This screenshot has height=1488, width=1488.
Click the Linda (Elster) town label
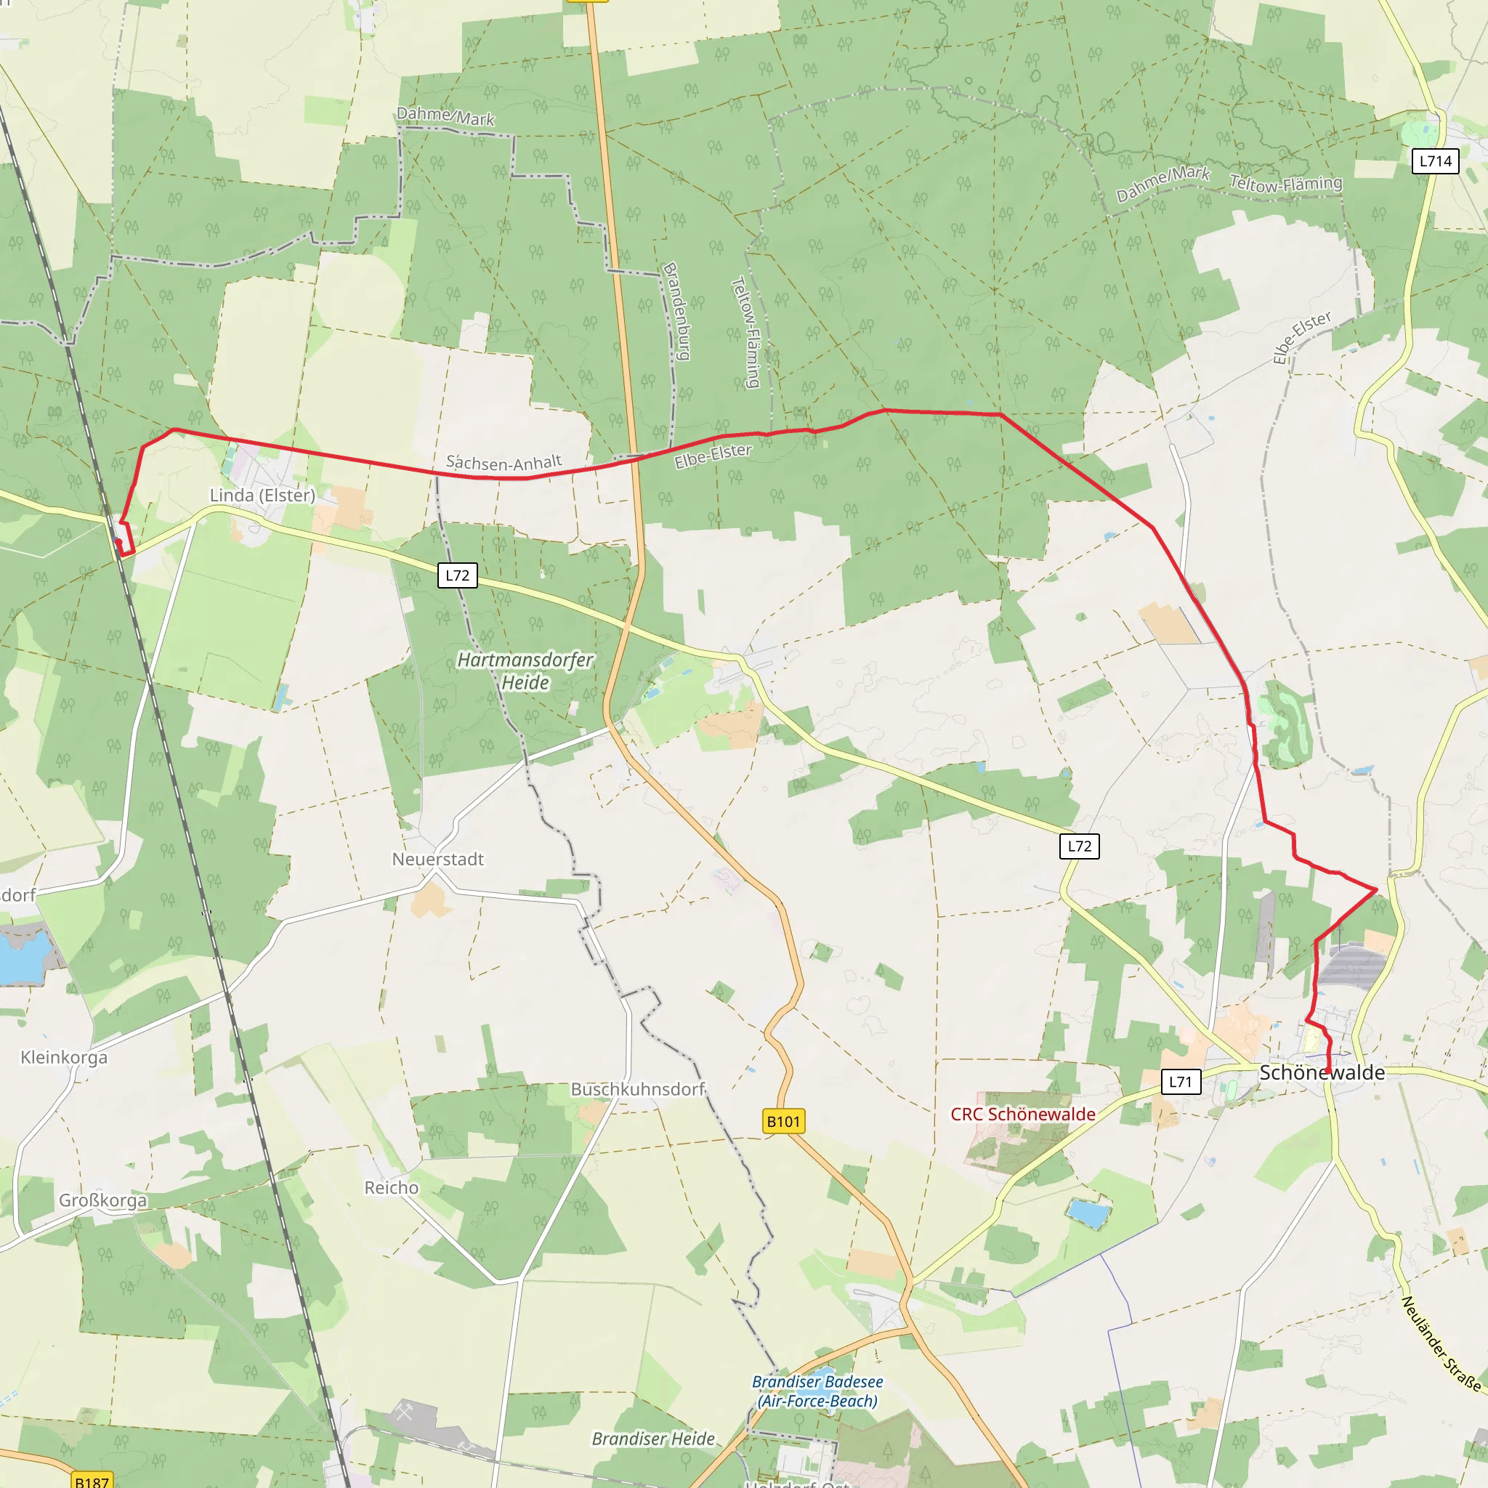(262, 496)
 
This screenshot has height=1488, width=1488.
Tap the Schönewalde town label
(1322, 1072)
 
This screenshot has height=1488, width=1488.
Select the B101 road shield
(783, 1120)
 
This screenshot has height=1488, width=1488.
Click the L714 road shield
(1436, 161)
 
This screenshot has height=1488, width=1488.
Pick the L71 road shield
(1180, 1081)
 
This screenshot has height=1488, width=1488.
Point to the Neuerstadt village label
(437, 859)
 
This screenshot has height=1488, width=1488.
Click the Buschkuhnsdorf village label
(638, 1089)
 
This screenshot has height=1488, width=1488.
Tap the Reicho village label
(392, 1188)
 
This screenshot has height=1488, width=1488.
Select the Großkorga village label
(102, 1201)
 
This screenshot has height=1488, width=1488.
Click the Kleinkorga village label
(64, 1056)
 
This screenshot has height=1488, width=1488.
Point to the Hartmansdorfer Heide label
(525, 671)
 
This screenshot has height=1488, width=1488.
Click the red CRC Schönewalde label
(1023, 1114)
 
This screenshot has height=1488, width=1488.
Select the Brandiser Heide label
(653, 1439)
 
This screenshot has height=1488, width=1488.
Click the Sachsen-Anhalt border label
(504, 462)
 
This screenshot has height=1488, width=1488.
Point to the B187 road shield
(92, 1481)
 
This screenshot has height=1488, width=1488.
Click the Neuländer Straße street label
(1440, 1344)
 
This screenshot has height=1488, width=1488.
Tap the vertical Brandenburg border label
(676, 311)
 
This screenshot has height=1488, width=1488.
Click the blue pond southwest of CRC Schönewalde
(1088, 1214)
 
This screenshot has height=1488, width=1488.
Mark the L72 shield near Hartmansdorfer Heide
(458, 575)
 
